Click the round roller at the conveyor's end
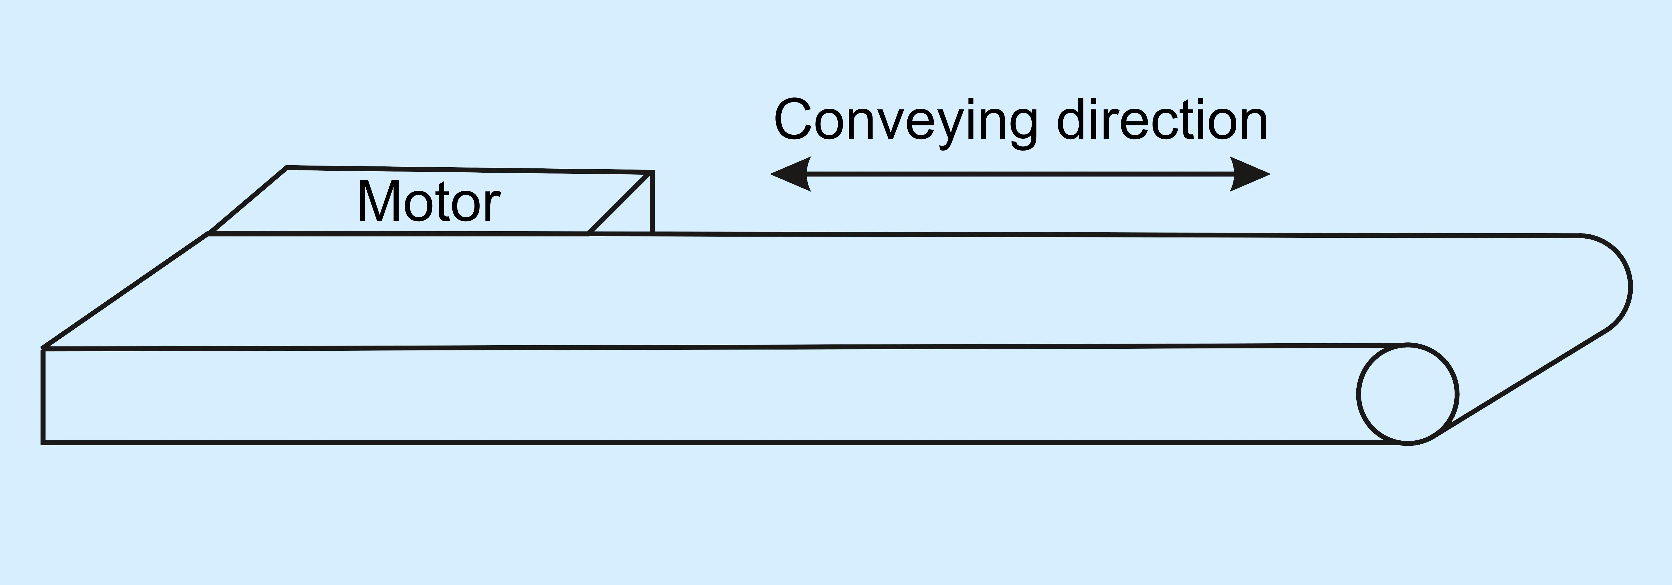pyautogui.click(x=1407, y=394)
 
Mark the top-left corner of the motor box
pyautogui.click(x=287, y=167)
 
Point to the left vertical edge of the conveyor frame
pyautogui.click(x=43, y=396)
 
